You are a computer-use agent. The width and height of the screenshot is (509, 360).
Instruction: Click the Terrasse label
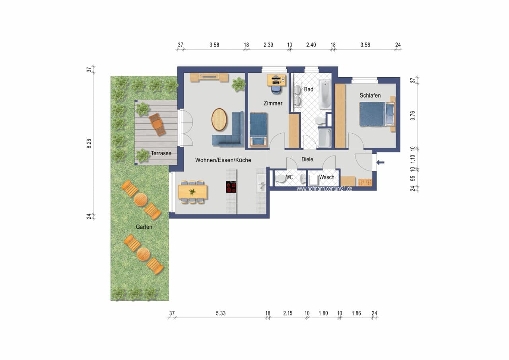coord(161,153)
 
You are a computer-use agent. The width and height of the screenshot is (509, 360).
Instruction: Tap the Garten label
coord(144,227)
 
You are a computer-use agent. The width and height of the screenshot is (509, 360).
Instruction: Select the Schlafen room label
coord(370,95)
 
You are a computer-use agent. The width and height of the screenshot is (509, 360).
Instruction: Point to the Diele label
coord(307,160)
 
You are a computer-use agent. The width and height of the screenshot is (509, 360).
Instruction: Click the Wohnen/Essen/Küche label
coord(223,160)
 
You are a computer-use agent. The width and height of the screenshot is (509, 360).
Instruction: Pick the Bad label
coord(309,90)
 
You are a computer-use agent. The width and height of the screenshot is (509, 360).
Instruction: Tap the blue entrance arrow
coord(381,162)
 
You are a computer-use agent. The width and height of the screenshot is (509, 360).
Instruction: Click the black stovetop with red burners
coord(231,187)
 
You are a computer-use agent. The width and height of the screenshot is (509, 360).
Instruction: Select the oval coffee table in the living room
coord(219,120)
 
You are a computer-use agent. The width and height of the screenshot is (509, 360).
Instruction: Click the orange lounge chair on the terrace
coord(157,125)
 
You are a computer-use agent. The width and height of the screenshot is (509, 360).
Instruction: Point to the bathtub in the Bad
coord(325,94)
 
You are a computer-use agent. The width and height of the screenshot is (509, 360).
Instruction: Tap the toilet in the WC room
coord(280,179)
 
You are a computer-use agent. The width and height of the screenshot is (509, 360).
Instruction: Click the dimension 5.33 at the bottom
coord(221,313)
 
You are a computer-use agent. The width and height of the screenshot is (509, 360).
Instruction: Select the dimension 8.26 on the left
coord(89,144)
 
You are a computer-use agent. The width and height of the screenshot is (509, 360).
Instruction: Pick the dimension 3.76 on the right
coord(413,116)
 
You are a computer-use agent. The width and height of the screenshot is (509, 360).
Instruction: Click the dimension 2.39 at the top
coord(268,45)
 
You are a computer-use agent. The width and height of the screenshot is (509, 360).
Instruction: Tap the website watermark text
coord(324,189)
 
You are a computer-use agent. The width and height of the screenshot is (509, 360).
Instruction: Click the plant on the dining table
coord(192,192)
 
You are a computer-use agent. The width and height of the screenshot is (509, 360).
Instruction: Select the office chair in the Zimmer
coord(276,90)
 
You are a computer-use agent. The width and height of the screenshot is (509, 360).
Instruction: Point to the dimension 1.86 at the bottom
coord(356,313)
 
